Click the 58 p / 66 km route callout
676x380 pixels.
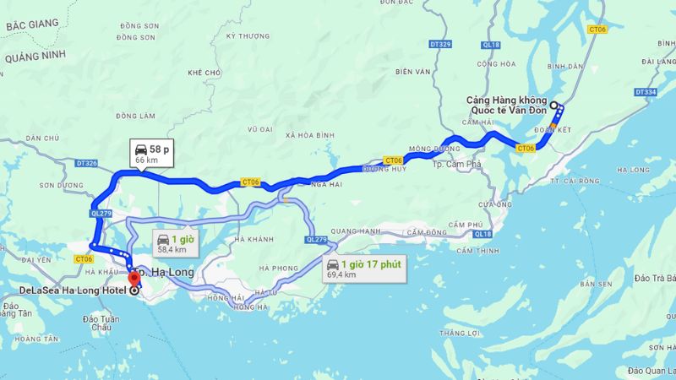[x=152, y=154]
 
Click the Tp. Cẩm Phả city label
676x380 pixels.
[x=457, y=163]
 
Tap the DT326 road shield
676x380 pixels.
[x=87, y=162]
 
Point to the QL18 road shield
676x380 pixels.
[x=482, y=233]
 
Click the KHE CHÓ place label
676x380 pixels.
[x=204, y=73]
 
